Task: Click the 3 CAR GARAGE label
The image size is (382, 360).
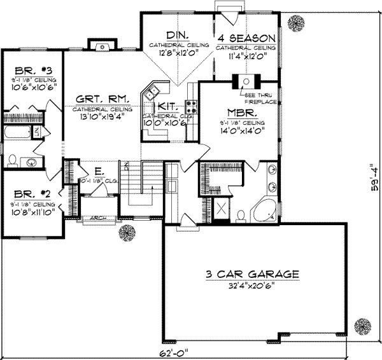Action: point(252,274)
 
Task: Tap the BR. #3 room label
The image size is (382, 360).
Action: point(23,71)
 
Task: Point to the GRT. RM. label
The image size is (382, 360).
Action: point(103,99)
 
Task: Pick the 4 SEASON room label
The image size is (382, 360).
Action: point(245,38)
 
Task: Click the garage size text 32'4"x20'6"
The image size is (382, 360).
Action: point(252,286)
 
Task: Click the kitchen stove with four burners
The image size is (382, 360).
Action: point(189,105)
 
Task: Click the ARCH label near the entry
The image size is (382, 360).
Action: point(98,218)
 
